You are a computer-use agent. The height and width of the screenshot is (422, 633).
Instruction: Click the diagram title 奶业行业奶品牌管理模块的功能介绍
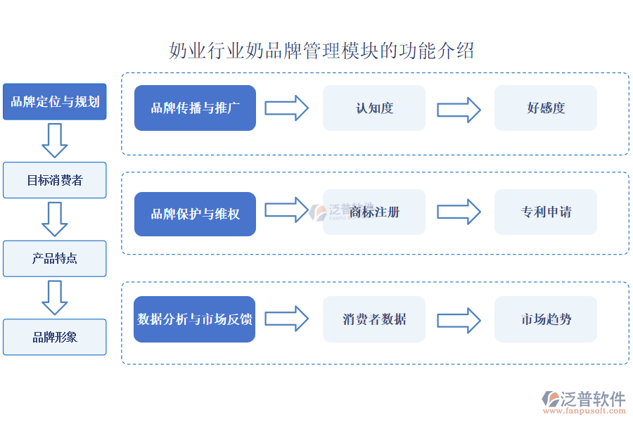(x=321, y=51)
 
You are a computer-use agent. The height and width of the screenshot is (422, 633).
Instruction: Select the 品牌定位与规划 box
(x=55, y=101)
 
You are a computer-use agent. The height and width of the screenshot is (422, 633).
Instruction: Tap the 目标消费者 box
(x=55, y=180)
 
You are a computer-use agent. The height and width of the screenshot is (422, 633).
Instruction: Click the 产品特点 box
(x=55, y=258)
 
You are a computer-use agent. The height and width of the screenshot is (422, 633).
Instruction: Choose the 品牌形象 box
(x=55, y=337)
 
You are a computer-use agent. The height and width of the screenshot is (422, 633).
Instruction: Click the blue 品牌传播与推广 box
(x=195, y=108)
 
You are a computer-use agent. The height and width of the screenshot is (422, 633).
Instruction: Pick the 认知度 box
(x=374, y=108)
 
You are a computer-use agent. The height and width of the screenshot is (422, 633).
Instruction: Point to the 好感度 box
(x=546, y=108)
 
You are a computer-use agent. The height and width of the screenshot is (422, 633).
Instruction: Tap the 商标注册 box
(x=374, y=212)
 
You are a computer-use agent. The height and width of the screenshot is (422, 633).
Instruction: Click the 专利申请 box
(x=546, y=212)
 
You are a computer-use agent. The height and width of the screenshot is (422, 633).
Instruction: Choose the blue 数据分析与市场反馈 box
(x=195, y=319)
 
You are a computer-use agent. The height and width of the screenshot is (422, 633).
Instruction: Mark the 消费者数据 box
(x=374, y=319)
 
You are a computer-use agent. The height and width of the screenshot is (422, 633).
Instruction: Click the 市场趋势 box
(x=546, y=319)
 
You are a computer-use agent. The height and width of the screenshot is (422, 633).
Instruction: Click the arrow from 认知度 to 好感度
(x=459, y=110)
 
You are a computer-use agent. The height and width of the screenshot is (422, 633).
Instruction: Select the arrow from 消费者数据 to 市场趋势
(x=459, y=319)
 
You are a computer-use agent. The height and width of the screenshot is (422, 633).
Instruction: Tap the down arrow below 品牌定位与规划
(x=54, y=140)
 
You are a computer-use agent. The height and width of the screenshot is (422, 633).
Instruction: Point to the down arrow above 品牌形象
(x=54, y=297)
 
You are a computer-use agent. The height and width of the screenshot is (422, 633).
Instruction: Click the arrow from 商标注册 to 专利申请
(x=459, y=211)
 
